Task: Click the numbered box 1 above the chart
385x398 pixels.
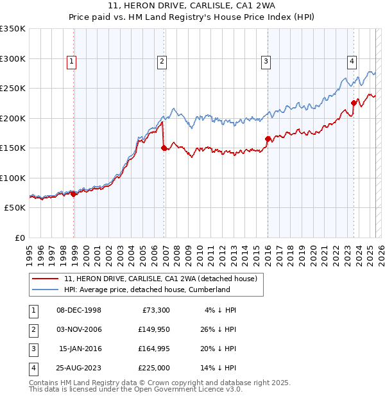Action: pyautogui.click(x=71, y=62)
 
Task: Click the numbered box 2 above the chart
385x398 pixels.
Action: pyautogui.click(x=161, y=62)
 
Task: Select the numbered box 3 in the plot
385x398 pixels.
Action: pyautogui.click(x=265, y=62)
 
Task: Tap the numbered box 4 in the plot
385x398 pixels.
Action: pyautogui.click(x=352, y=62)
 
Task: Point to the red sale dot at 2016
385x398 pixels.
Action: pyautogui.click(x=268, y=139)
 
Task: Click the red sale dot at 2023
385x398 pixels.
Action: pyautogui.click(x=354, y=103)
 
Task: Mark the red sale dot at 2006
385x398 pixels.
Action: pyautogui.click(x=164, y=148)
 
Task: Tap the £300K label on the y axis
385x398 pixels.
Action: pyautogui.click(x=13, y=58)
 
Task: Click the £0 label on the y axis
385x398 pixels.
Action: pyautogui.click(x=19, y=238)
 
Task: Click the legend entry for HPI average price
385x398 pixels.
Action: pyautogui.click(x=146, y=290)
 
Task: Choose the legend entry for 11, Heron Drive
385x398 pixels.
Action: pyautogui.click(x=160, y=279)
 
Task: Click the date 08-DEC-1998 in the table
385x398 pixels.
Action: pyautogui.click(x=79, y=310)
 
